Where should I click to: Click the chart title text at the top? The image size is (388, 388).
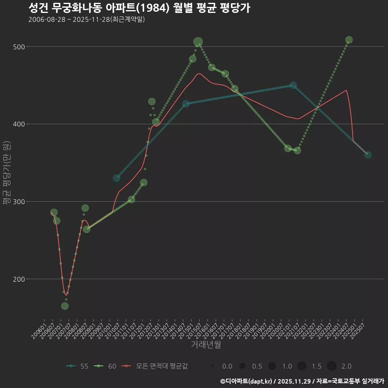click(139, 8)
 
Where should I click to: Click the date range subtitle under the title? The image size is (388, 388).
click(86, 19)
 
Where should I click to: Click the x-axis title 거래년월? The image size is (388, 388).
click(206, 345)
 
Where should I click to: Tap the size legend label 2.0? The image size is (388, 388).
click(346, 366)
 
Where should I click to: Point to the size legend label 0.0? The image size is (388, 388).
click(227, 366)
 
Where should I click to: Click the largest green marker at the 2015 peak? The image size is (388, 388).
click(198, 42)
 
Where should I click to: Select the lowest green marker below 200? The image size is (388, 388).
click(65, 306)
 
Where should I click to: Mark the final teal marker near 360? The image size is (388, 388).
click(368, 155)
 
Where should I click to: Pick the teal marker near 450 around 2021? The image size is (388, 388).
click(293, 85)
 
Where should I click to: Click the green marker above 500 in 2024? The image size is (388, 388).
click(349, 40)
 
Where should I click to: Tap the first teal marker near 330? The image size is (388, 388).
click(116, 178)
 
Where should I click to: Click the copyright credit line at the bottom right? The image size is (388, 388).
click(302, 381)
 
